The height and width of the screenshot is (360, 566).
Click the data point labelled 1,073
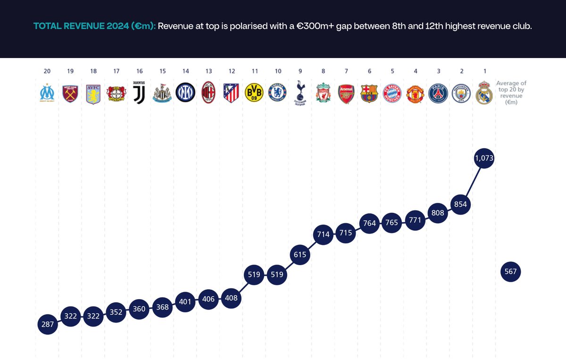[x=484, y=159]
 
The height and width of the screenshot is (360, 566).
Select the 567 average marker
[x=511, y=272]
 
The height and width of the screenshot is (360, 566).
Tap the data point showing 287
[x=47, y=325]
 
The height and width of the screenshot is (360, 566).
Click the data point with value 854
[x=461, y=204]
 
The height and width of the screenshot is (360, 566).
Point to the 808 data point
[x=438, y=213]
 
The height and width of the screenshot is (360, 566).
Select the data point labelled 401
[x=185, y=301]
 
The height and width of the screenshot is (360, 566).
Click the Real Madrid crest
[x=484, y=93]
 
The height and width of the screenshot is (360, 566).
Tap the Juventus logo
[x=139, y=93]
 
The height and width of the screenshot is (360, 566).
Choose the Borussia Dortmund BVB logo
[x=254, y=93]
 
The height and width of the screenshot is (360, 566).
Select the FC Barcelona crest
[x=369, y=93]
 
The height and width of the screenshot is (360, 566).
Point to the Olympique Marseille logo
[x=47, y=93]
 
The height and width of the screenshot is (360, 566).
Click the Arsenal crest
[x=346, y=93]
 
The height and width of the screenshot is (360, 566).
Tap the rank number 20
[x=47, y=71]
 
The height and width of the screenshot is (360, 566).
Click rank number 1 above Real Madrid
[x=484, y=71]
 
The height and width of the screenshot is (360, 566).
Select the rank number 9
[x=300, y=71]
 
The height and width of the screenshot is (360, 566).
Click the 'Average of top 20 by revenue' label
[x=511, y=92]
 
